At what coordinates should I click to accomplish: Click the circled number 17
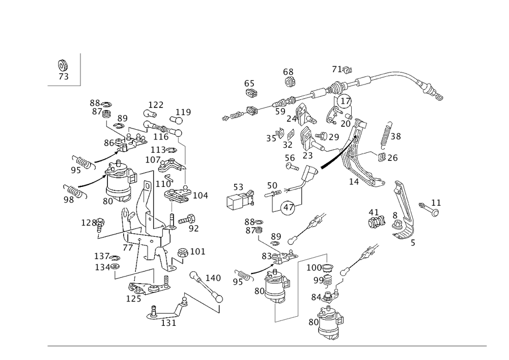(x=345, y=101)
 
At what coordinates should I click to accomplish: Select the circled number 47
(x=288, y=207)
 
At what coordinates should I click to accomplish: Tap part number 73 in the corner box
(x=64, y=76)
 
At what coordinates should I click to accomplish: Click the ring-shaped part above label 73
(x=63, y=65)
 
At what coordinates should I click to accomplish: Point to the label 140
(x=213, y=278)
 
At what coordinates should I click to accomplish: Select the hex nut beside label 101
(x=182, y=253)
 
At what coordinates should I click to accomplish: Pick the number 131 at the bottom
(x=168, y=323)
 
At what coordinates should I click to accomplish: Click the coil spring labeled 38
(x=385, y=135)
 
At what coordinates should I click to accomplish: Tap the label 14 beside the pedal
(x=354, y=181)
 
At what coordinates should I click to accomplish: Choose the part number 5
(x=413, y=243)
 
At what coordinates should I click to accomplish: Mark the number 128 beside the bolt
(x=89, y=223)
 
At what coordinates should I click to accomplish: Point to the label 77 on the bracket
(x=128, y=247)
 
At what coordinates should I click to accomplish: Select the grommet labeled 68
(x=290, y=82)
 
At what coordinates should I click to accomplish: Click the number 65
(x=249, y=84)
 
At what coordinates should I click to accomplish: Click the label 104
(x=200, y=196)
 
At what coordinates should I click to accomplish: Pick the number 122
(x=156, y=105)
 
